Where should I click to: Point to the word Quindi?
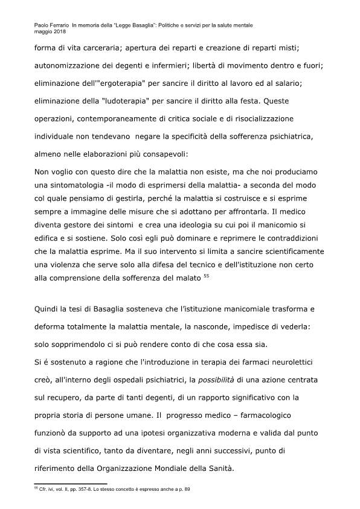[x=48, y=308]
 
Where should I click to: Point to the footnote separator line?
[x=69, y=484]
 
